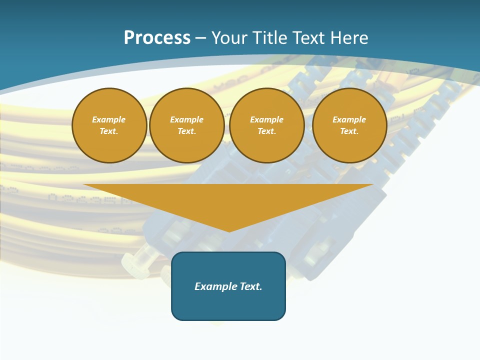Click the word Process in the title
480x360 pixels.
pos(157,38)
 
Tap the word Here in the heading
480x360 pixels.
pos(348,38)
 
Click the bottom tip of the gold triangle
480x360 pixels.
pos(229,230)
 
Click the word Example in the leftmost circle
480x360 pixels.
pos(109,119)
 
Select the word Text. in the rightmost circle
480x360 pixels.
pos(349,131)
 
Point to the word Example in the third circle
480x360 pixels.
pos(266,119)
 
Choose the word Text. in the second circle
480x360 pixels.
pos(186,131)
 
